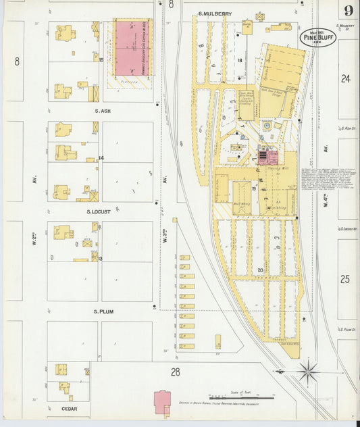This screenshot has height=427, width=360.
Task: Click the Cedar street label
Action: click(x=68, y=409)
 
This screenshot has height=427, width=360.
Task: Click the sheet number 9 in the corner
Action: click(x=347, y=11)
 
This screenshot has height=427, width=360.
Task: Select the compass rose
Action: click(x=307, y=371)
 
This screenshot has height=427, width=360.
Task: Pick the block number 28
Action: click(x=175, y=372)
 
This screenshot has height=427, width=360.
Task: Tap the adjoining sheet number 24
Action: click(x=346, y=79)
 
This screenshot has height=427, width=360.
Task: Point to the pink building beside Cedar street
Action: click(x=163, y=402)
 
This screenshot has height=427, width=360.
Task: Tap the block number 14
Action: click(x=101, y=158)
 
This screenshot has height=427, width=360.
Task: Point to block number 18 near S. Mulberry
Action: click(x=240, y=61)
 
